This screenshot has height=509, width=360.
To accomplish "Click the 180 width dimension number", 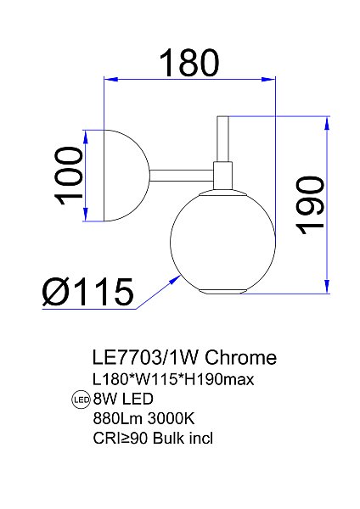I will coord(189,61).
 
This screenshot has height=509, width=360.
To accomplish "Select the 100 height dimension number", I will coord(70,176).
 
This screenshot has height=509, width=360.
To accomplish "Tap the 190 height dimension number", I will coord(311,205).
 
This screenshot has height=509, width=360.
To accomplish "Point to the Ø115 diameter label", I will coord(88,292).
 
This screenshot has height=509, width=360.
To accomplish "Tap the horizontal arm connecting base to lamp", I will coord(182,175).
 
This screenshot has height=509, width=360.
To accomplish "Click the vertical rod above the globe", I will coord(224,137).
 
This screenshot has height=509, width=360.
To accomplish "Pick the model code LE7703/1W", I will coord(145,358).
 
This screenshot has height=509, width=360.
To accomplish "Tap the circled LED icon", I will coord(82,400).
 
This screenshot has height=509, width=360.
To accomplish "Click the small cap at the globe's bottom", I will coord(223,292).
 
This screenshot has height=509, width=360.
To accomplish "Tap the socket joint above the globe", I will coord(224,176).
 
